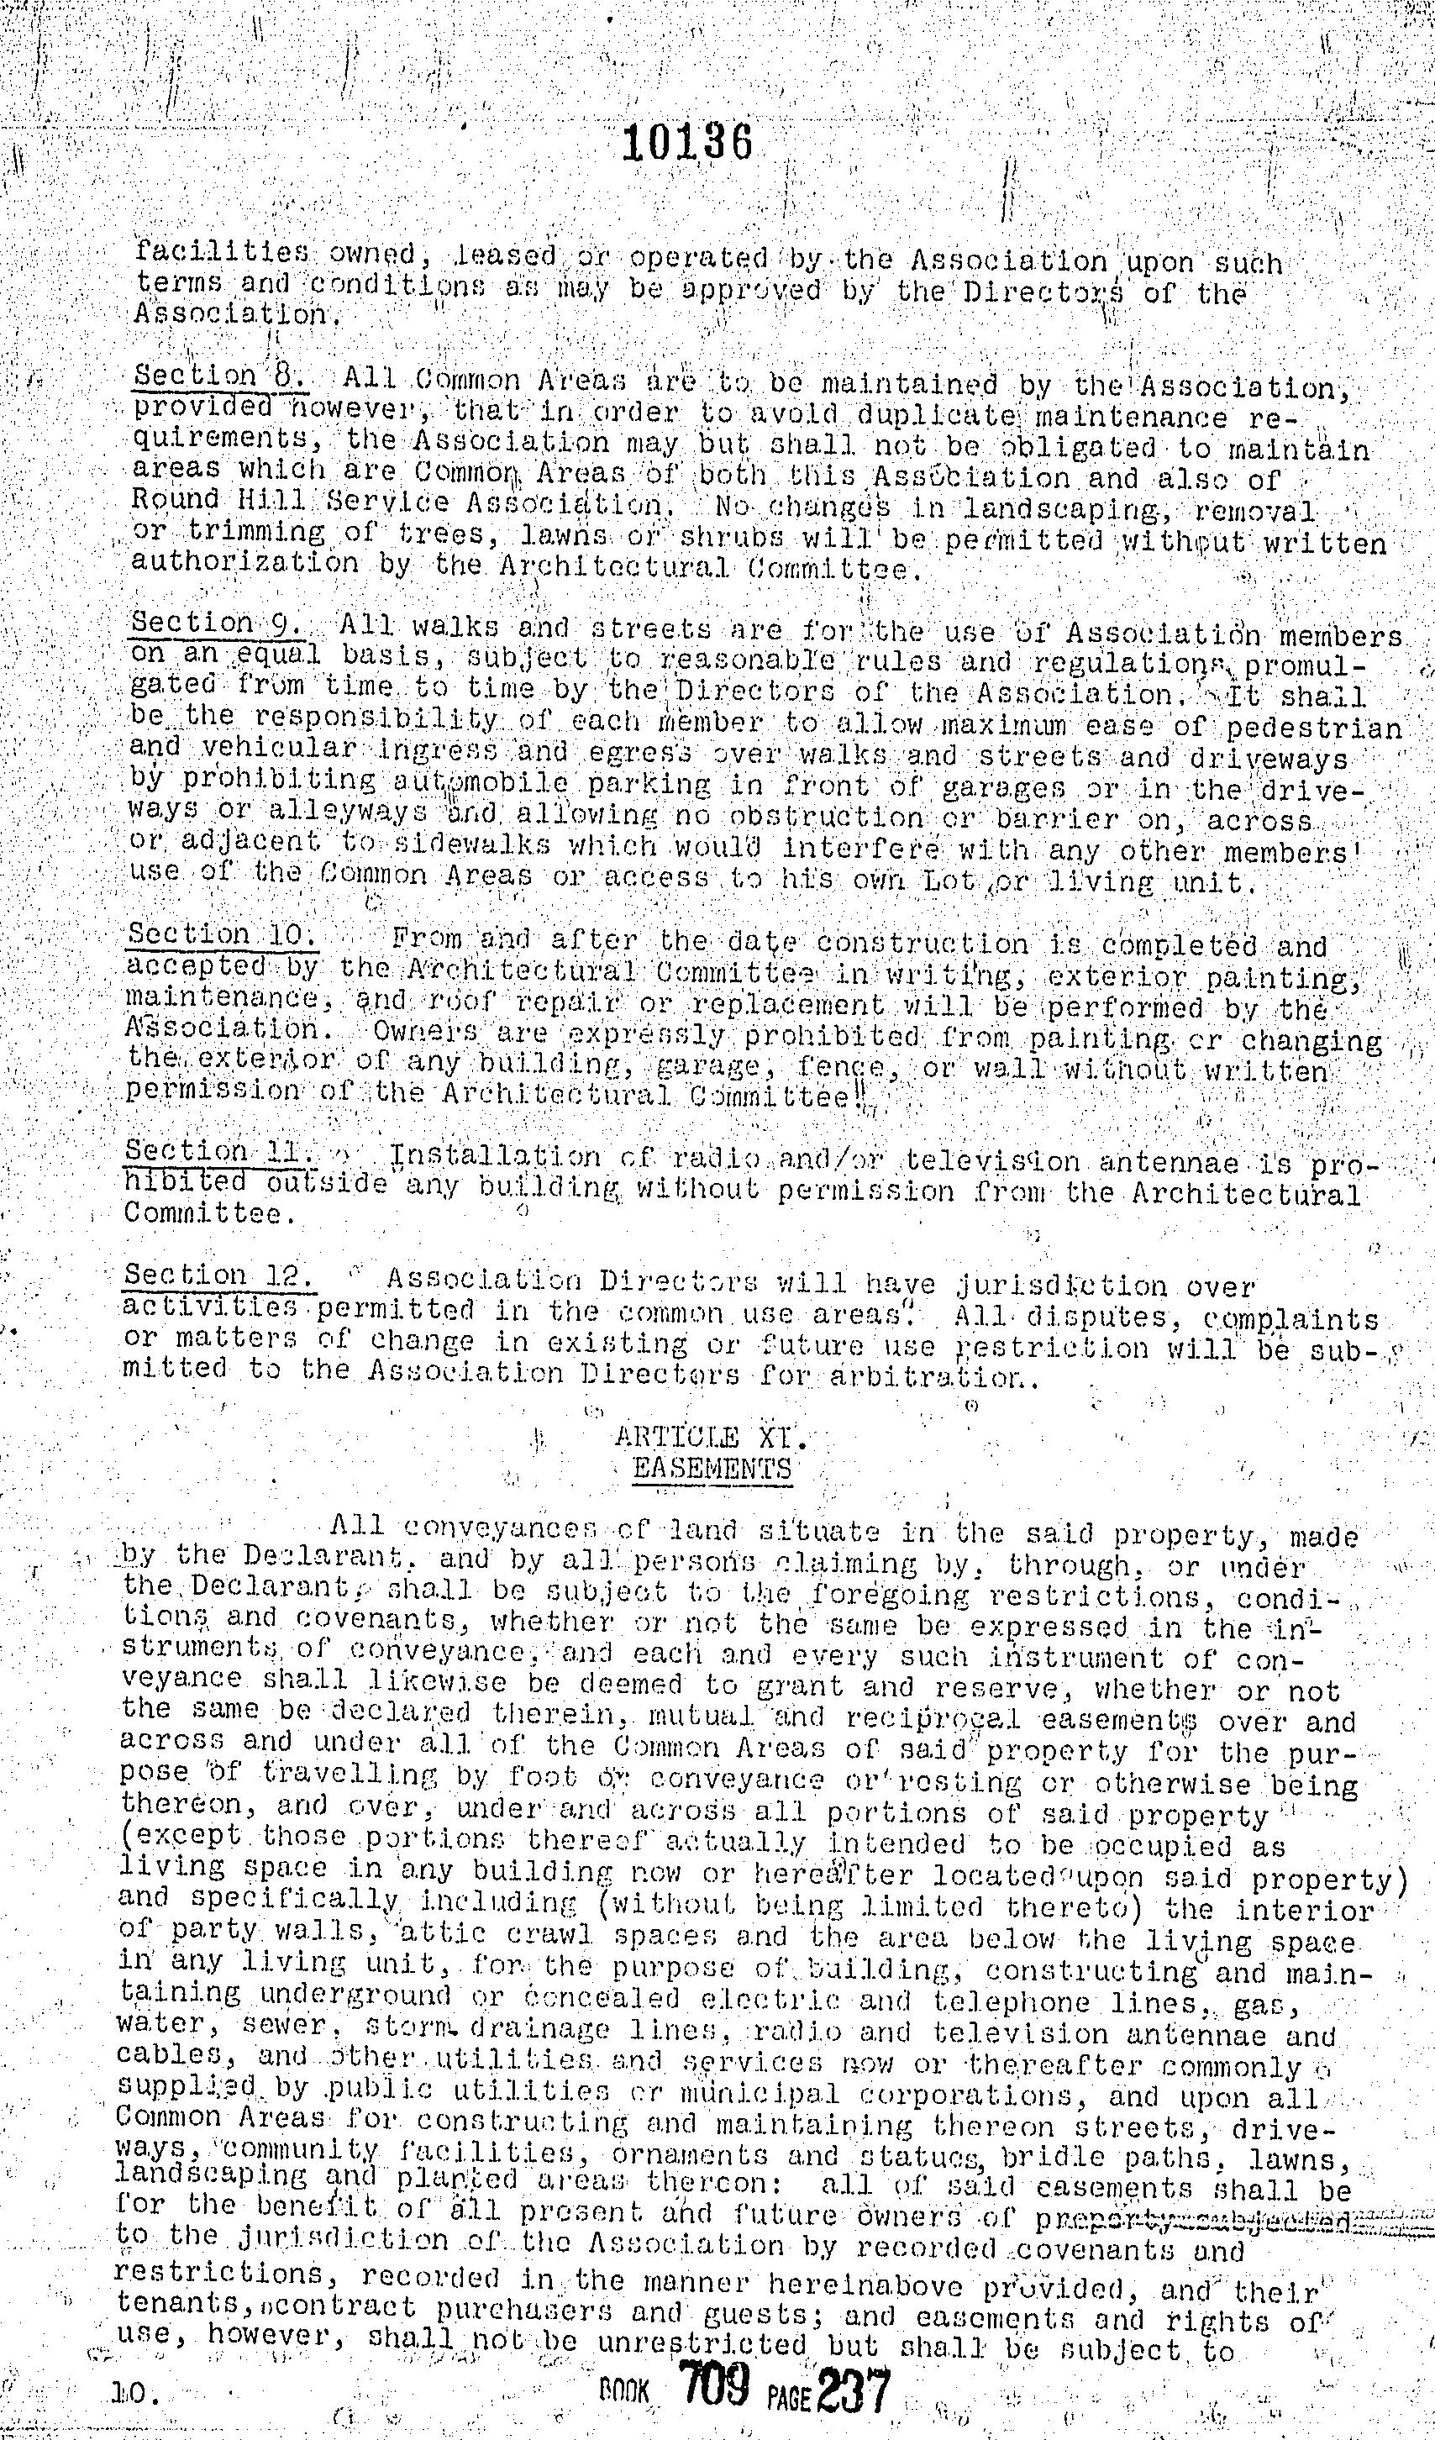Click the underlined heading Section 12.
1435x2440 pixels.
218,1277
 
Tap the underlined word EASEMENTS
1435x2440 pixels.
712,1469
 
